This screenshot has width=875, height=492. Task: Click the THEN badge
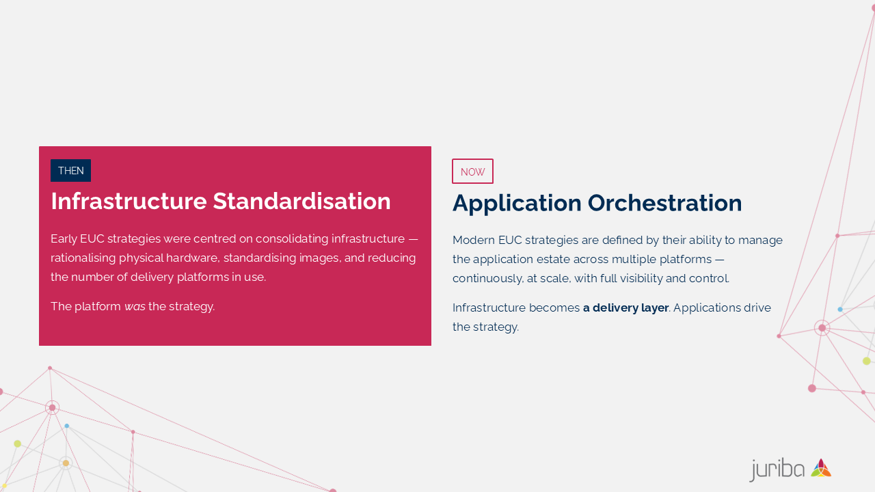tap(70, 170)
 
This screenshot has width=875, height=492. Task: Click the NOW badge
tap(472, 171)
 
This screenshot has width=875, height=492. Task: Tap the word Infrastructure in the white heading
tap(129, 201)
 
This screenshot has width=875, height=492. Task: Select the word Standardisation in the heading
tap(301, 201)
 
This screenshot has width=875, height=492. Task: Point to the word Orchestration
tap(664, 203)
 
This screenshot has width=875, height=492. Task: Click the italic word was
tap(135, 307)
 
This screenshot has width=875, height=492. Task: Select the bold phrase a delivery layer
tap(625, 307)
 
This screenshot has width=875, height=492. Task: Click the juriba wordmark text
tap(777, 469)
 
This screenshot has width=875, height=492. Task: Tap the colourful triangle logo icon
tap(821, 468)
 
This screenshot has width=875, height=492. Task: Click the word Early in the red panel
tap(64, 239)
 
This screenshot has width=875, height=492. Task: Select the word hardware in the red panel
tap(192, 258)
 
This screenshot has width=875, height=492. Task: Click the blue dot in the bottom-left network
tap(67, 426)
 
